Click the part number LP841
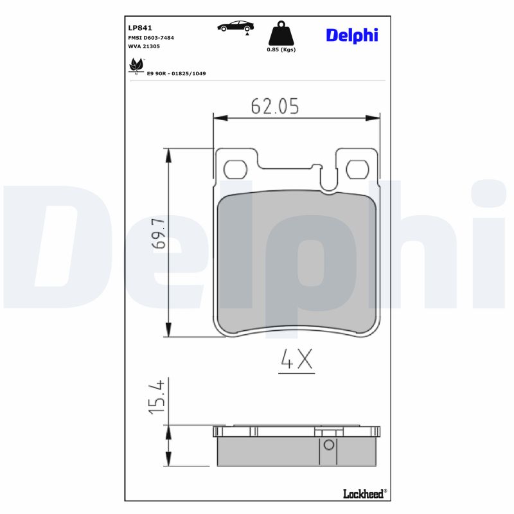click(140, 28)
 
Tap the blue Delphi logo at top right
click(351, 35)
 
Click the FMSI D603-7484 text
click(151, 38)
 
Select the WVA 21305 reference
click(144, 47)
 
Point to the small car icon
click(235, 26)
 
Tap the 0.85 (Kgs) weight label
click(281, 49)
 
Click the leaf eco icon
click(136, 65)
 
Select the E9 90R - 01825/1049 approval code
click(176, 74)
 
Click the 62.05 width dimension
click(275, 107)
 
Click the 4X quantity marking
click(297, 360)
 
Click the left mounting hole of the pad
click(235, 170)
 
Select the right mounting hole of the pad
click(357, 170)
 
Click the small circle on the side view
click(328, 445)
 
